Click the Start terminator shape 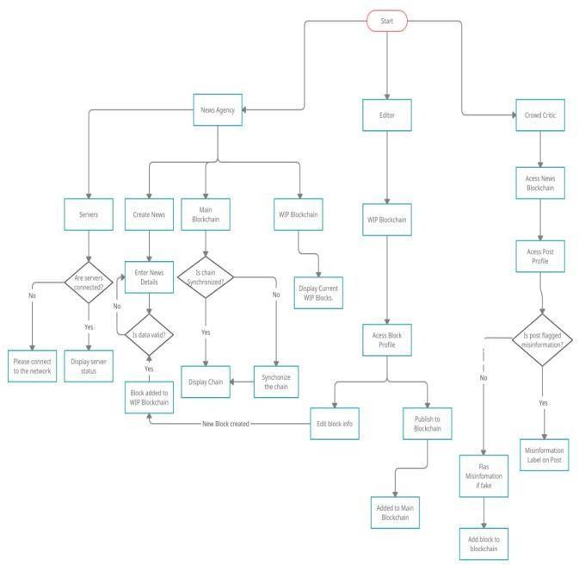click(x=387, y=20)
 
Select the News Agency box click(x=219, y=109)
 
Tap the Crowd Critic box click(x=539, y=115)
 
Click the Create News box click(x=150, y=214)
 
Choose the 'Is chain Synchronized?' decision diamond click(x=206, y=278)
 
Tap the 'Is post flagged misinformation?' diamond click(x=543, y=340)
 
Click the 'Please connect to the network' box click(x=33, y=366)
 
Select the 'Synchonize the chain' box click(x=276, y=382)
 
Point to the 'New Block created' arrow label click(x=226, y=424)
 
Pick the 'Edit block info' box click(x=335, y=423)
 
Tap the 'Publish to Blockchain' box click(x=428, y=423)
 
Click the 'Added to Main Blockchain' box click(x=395, y=512)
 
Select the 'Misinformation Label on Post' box click(x=545, y=454)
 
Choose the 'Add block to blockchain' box click(x=484, y=544)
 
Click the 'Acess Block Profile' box click(x=388, y=340)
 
